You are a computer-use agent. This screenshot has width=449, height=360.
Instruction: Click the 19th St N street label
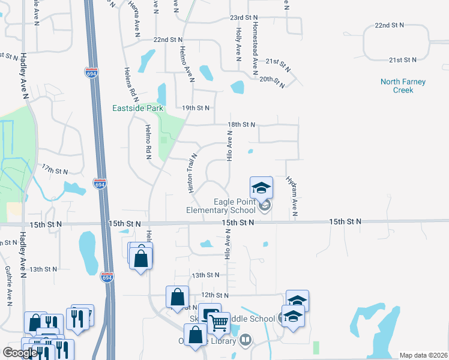tap(196, 108)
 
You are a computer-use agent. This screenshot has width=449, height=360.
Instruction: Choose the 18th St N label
tap(241, 125)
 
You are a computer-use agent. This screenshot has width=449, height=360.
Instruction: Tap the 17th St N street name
tap(55, 171)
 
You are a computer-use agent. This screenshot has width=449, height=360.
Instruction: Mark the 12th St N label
tap(215, 295)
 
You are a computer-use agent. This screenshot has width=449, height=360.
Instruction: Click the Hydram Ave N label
tap(294, 196)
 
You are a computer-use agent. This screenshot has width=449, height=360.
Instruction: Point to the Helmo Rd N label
tap(148, 142)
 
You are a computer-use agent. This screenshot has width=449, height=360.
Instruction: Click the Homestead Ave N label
tap(256, 45)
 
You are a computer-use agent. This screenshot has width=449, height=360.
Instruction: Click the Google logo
tap(20, 353)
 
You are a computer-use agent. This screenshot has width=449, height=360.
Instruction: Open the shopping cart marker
tap(218, 323)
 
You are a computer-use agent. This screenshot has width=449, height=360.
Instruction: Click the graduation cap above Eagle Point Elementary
tap(261, 188)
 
